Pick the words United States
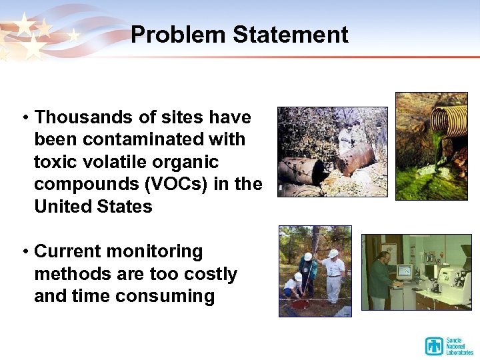[x=93, y=207]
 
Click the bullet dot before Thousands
[x=24, y=118]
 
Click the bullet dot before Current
[x=24, y=252]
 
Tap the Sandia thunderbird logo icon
[x=434, y=345]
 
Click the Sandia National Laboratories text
[x=459, y=345]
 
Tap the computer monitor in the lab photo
[x=404, y=271]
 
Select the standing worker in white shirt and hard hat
[x=333, y=273]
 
